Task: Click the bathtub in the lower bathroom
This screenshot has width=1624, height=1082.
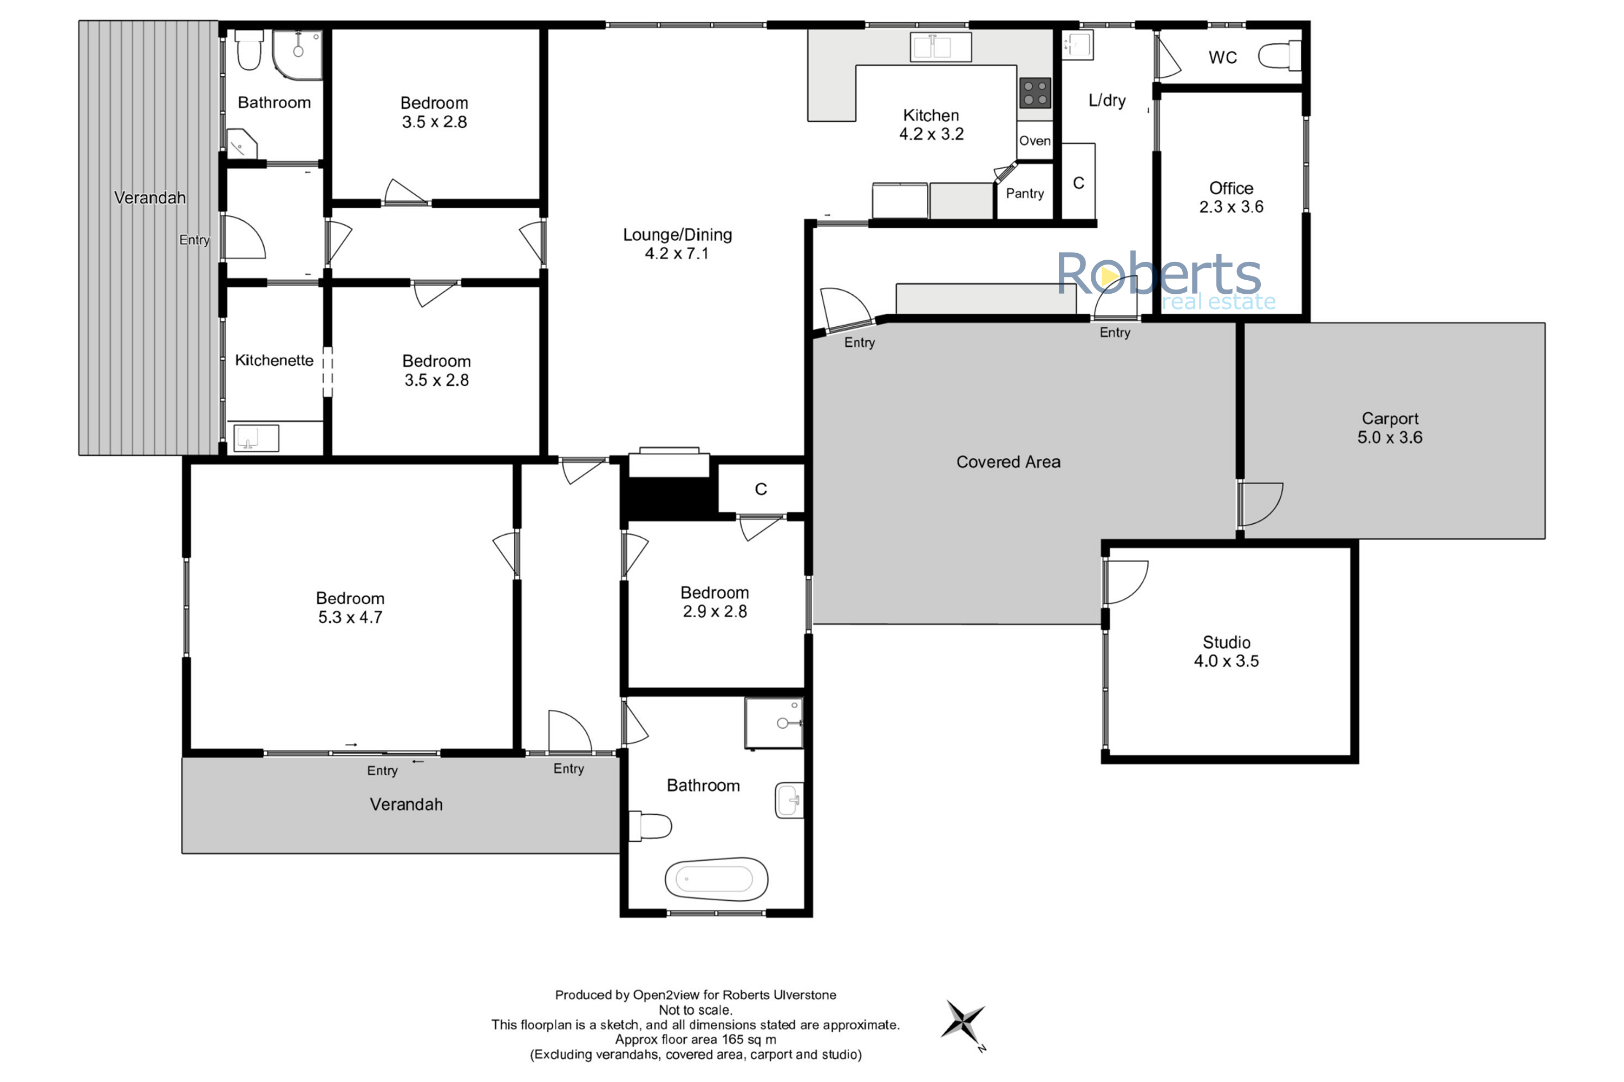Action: (x=716, y=879)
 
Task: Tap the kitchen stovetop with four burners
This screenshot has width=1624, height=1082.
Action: (x=1035, y=93)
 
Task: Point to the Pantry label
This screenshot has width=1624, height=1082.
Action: (x=1025, y=193)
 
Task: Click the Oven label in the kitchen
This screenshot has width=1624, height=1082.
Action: (x=1035, y=141)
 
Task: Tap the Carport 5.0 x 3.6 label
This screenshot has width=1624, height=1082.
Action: (x=1390, y=428)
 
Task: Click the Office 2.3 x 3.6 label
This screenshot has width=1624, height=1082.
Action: (x=1231, y=197)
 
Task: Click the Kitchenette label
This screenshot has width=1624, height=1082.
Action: (x=274, y=360)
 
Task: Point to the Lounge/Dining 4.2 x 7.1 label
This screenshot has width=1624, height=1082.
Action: (x=677, y=243)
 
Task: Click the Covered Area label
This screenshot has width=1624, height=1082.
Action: (x=1008, y=461)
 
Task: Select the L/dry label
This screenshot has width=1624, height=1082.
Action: (x=1107, y=101)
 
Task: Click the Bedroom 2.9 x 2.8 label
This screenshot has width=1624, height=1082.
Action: (x=715, y=602)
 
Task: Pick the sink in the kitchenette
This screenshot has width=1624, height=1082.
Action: (x=256, y=438)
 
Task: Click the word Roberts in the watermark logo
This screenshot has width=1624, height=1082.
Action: (x=1160, y=273)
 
